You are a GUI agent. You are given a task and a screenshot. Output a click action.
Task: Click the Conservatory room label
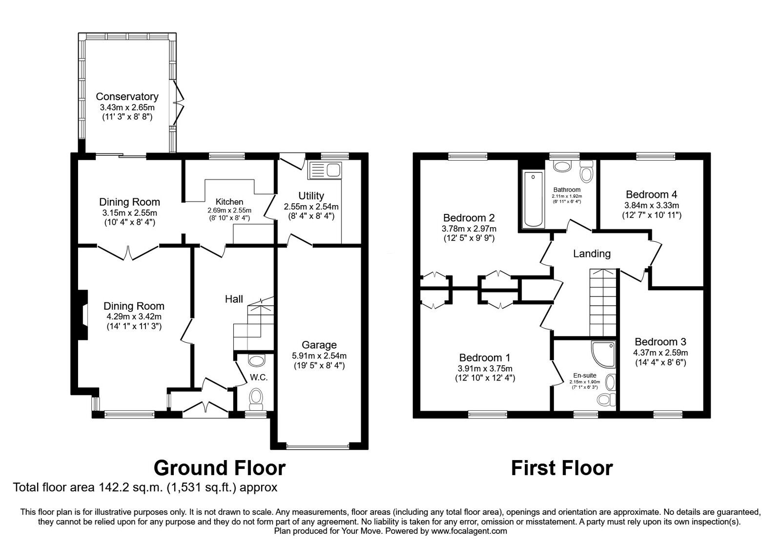[x=127, y=96]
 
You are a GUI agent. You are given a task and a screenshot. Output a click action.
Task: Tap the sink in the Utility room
[x=326, y=170]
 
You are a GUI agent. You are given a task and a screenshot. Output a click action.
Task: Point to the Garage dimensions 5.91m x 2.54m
[x=319, y=356]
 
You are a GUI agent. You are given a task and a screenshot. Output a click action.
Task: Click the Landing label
[x=592, y=253]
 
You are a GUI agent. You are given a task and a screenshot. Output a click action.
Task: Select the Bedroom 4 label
[x=651, y=194]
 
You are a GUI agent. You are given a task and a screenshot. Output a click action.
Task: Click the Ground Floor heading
[x=219, y=467]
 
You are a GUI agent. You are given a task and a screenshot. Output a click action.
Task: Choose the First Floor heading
[x=561, y=467]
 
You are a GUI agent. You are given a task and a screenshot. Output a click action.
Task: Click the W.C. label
[x=259, y=378]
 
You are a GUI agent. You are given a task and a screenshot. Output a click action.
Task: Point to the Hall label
[x=234, y=299]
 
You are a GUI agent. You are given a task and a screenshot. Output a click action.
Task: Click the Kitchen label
[x=229, y=202]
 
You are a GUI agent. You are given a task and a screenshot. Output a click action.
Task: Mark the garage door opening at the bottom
[x=318, y=446]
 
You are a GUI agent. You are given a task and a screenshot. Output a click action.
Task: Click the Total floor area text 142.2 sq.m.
[x=145, y=487]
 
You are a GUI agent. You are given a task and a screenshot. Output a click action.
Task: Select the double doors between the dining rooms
[x=128, y=252]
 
